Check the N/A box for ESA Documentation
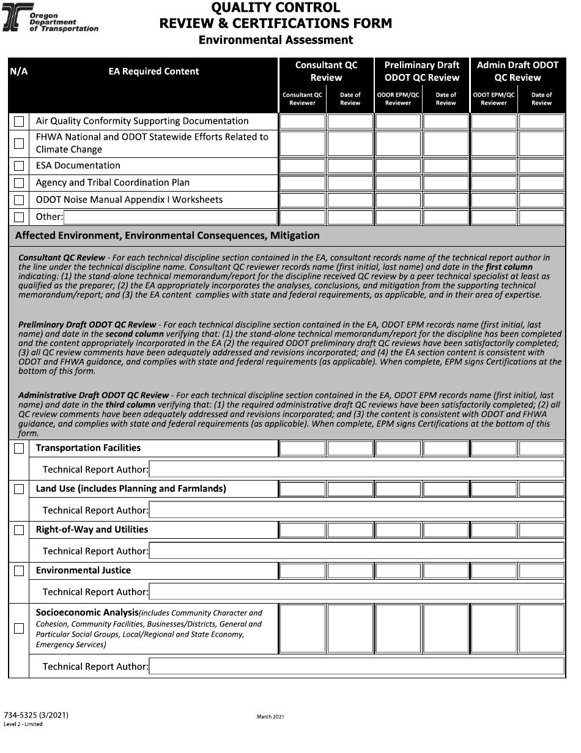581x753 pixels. [x=19, y=166]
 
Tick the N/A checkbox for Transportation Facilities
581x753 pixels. [x=19, y=449]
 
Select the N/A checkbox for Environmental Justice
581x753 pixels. [x=19, y=571]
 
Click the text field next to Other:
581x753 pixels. [x=170, y=217]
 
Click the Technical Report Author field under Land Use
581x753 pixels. [x=357, y=511]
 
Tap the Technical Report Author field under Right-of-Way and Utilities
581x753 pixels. [x=357, y=552]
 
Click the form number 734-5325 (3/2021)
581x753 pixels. [x=35, y=715]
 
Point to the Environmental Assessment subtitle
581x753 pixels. [x=276, y=40]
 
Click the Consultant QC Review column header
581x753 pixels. [x=326, y=71]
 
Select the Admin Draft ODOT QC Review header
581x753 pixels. [x=517, y=71]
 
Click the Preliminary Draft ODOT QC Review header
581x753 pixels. [x=421, y=71]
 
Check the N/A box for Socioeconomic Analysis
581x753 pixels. [x=19, y=628]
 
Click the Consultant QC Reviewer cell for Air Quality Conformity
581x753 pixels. [x=302, y=121]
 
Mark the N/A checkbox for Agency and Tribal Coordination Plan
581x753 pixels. [x=19, y=183]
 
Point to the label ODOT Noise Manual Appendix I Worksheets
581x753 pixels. [x=129, y=200]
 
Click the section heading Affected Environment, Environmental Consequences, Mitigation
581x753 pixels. [x=167, y=236]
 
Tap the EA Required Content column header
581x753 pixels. [x=154, y=72]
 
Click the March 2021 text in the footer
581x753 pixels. [x=270, y=716]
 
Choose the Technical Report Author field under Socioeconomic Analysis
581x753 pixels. [x=357, y=667]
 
